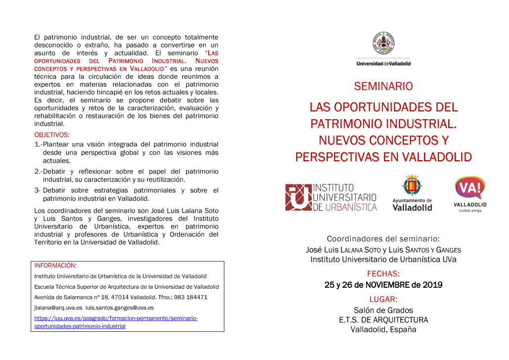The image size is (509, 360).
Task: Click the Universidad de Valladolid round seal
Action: [x=383, y=44]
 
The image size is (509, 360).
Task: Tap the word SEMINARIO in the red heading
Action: [x=383, y=87]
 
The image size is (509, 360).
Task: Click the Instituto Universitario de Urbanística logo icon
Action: [x=298, y=197]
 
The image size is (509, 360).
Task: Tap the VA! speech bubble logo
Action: [x=470, y=188]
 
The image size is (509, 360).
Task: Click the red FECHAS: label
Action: [x=383, y=273]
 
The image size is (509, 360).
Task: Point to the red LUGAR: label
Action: [x=383, y=299]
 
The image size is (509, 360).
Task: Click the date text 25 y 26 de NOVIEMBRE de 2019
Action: [x=383, y=285]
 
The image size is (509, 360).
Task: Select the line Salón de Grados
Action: [x=383, y=311]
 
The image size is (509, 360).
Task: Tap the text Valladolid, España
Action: [x=383, y=329]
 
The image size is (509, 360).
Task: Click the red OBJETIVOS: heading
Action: [x=52, y=135]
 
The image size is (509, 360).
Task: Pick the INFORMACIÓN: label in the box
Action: [x=55, y=266]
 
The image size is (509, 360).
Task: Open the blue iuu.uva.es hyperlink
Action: [x=116, y=322]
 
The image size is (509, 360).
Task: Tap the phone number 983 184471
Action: [x=190, y=297]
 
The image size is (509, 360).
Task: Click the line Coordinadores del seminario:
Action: [x=383, y=239]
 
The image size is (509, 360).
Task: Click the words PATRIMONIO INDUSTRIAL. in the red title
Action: [x=383, y=124]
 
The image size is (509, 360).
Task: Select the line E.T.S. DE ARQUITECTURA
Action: [x=383, y=320]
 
